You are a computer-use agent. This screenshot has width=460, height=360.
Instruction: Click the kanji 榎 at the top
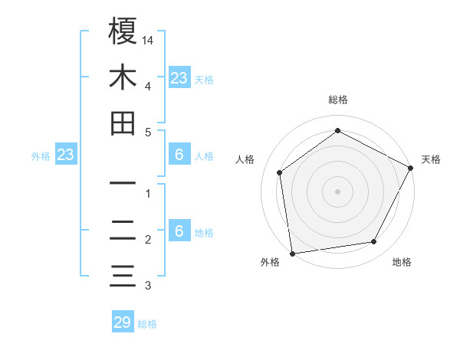coord(123,31)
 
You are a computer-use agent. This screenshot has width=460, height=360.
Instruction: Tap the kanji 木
coord(123,77)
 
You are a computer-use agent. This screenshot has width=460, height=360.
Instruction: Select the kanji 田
coord(123,123)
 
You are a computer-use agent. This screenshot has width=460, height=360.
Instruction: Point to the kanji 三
coord(123,277)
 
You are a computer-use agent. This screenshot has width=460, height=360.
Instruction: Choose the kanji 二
coord(123,231)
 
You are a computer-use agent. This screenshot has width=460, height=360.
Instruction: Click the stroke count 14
coord(148,39)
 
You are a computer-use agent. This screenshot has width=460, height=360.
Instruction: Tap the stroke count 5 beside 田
coord(147,132)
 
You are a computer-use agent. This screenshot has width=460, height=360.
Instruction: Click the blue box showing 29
coord(123,322)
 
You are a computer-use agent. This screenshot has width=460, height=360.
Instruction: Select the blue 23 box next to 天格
coord(179,77)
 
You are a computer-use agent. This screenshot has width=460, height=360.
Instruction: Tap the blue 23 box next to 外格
coord(66,155)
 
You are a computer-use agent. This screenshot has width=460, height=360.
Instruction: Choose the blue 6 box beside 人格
coord(179,155)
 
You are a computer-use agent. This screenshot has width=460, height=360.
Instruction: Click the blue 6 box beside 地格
coord(179,231)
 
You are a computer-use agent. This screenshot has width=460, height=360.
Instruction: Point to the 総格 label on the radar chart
coord(338,100)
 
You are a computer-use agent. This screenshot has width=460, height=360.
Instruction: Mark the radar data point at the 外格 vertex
coord(292,253)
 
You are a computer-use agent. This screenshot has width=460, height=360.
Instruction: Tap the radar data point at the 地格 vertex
coord(374,241)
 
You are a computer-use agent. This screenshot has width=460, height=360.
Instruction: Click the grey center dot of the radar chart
coord(337,191)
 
